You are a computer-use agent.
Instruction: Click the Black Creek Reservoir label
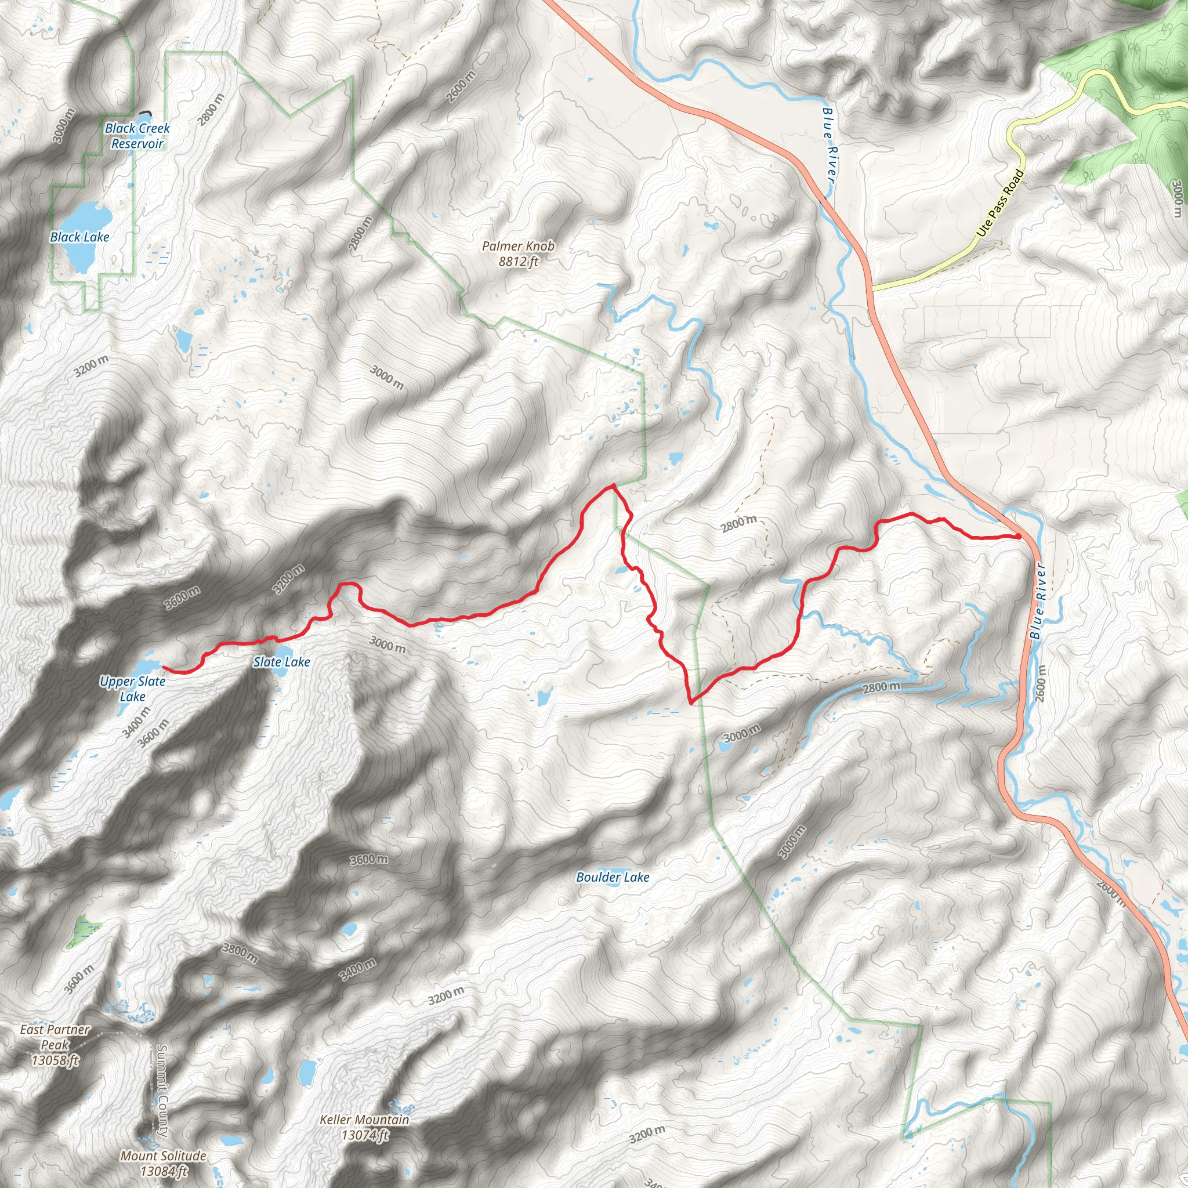coord(137,136)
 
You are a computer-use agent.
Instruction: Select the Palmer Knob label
coord(518,246)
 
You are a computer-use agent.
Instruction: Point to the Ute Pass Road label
coord(1000,203)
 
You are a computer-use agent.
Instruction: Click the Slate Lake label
coord(281,662)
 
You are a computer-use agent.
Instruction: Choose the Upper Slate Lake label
coord(133,689)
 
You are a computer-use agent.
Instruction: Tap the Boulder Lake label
coord(613,878)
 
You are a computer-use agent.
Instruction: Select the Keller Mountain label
coord(364,1120)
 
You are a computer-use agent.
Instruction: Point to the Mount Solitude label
coord(163,1156)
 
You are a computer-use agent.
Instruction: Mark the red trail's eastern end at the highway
coord(1018,536)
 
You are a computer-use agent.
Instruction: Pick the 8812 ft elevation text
coord(518,262)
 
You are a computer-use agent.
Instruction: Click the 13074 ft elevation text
coord(364,1135)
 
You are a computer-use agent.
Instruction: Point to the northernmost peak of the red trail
coord(613,485)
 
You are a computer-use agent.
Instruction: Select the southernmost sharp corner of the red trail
coord(693,702)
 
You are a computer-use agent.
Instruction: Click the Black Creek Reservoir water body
coord(143,115)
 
